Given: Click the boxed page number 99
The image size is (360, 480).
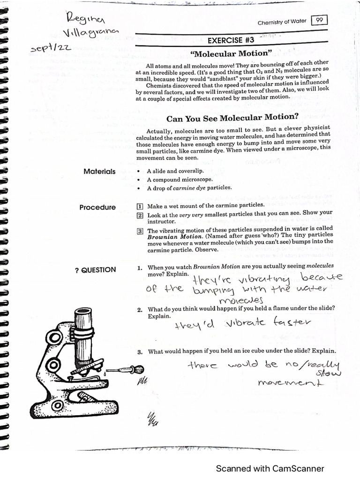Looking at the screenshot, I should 319,20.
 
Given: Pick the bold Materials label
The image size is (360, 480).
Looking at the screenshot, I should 99,172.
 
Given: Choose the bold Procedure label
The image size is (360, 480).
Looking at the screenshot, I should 97,207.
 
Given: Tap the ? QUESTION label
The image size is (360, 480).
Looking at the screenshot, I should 95,270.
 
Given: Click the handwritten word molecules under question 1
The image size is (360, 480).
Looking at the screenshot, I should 241,300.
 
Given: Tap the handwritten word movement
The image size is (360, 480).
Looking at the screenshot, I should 291,383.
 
